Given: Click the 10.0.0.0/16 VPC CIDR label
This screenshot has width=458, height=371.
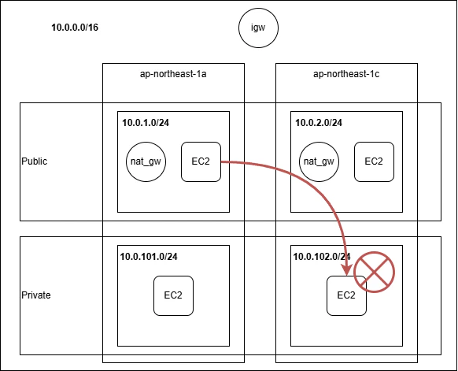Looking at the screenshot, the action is click(75, 28).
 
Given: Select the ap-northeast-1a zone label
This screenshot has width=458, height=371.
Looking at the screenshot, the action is click(173, 74).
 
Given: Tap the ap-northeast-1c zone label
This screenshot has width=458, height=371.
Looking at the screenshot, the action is click(346, 74).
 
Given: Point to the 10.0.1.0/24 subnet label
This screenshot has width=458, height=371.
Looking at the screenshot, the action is click(146, 123).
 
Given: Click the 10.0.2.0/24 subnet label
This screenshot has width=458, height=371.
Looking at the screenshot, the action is click(319, 123).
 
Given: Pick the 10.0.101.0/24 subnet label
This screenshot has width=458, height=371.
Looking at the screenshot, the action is click(149, 257).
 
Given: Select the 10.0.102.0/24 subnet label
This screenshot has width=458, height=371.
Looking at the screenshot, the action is click(322, 257).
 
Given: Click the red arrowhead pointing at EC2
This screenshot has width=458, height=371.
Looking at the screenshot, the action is click(347, 270).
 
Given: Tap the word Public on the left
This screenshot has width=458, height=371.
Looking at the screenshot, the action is click(34, 161).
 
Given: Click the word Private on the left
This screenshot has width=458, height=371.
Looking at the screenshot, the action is click(36, 295).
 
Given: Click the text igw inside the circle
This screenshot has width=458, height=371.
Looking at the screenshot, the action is click(258, 28).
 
